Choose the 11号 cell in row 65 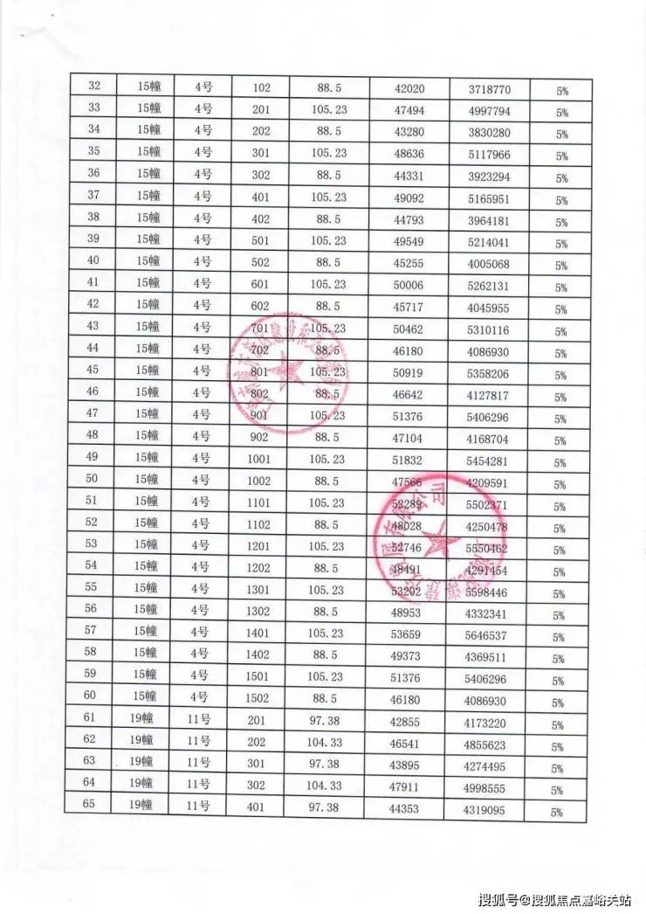(200, 806)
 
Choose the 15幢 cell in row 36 (148, 173)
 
